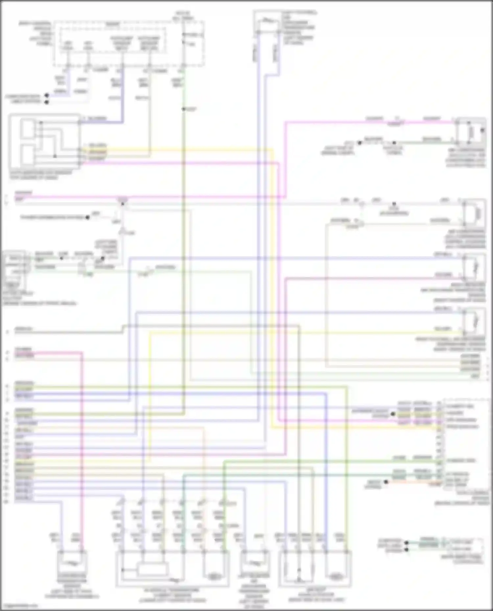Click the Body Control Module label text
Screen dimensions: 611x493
point(39,33)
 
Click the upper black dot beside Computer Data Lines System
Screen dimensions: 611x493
point(47,96)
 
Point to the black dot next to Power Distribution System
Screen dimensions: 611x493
point(87,217)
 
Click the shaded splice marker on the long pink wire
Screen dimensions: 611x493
point(122,199)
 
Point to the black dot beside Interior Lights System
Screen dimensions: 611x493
point(393,414)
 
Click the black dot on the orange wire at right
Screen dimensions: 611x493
point(386,482)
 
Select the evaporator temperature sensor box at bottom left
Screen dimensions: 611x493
point(72,564)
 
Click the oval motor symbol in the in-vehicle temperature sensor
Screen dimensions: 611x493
point(214,576)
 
